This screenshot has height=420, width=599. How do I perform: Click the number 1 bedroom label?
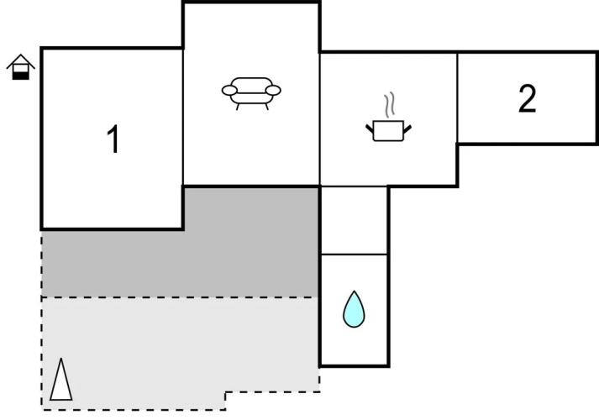click(x=113, y=139)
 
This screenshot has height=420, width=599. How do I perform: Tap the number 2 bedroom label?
click(x=528, y=98)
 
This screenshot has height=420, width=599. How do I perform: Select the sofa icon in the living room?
click(x=251, y=93)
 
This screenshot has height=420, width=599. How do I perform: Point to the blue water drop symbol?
click(x=354, y=310)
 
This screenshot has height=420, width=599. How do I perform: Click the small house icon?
click(x=21, y=67)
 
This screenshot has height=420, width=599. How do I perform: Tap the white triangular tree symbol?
click(x=60, y=380)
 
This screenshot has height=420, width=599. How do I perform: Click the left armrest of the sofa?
click(x=229, y=91)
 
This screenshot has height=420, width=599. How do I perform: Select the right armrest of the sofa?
click(x=273, y=91)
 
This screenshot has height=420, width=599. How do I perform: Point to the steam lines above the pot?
click(x=389, y=105)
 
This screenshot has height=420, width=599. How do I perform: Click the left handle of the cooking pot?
click(x=370, y=129)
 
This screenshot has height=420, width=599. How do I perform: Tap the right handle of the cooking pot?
click(x=407, y=129)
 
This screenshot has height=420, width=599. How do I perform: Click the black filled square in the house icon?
click(x=21, y=76)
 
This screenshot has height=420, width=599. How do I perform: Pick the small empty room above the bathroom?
click(x=355, y=220)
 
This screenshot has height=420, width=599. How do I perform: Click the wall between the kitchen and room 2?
click(x=457, y=97)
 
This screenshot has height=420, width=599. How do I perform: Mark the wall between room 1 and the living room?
click(x=183, y=117)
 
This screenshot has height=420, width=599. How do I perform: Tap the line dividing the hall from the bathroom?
click(x=355, y=254)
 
